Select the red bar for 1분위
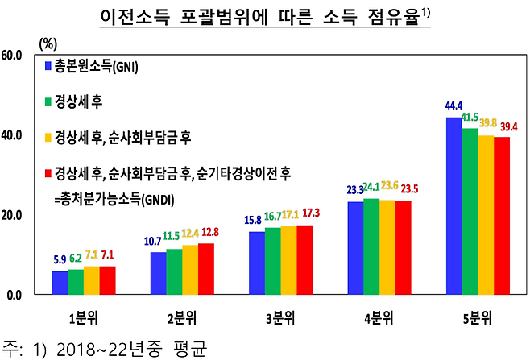point(108,279)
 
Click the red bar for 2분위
point(205,268)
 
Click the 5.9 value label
point(59,260)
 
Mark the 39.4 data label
point(509,126)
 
